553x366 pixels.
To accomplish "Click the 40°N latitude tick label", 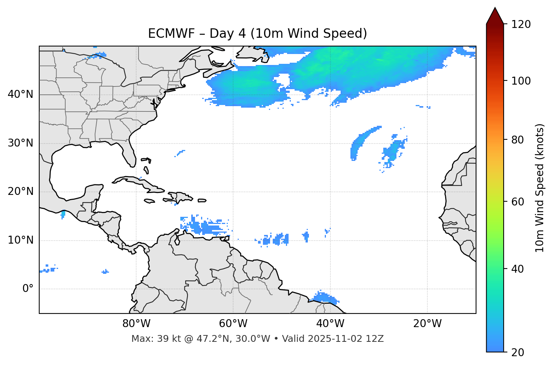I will (20, 94).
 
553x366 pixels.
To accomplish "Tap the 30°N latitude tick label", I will (20, 143).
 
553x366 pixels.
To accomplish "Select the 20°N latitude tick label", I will (20, 191).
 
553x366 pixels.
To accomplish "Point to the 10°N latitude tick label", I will (20, 240).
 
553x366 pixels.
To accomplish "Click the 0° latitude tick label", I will (28, 289).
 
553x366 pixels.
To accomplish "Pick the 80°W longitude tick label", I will (136, 324).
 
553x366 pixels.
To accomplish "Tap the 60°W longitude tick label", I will (233, 324).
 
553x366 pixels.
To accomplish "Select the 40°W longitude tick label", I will (330, 324).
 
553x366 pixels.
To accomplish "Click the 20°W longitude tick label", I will (427, 324).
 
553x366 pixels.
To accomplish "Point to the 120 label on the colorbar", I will (521, 25).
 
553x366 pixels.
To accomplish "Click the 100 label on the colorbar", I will (521, 81).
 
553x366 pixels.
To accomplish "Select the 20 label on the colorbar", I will (518, 352).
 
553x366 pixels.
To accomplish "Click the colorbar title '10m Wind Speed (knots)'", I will (540, 188).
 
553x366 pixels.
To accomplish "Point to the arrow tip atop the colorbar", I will (495, 8).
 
